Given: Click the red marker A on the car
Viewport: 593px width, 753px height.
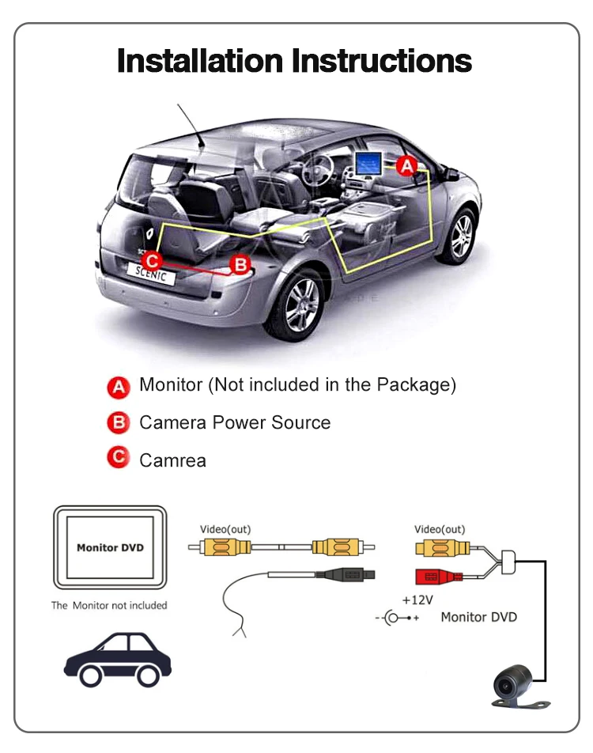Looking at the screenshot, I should click(x=406, y=165).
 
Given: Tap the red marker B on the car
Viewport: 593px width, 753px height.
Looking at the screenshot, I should click(x=240, y=264).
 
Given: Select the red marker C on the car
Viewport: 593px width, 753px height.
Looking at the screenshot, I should click(x=152, y=259).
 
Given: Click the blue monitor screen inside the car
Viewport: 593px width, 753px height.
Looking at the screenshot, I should click(x=366, y=164).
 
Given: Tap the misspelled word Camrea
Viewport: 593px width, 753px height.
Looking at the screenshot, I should click(x=172, y=460).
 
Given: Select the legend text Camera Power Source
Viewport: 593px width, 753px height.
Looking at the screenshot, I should click(x=235, y=422).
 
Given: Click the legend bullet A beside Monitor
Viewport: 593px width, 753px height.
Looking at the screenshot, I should click(x=118, y=386).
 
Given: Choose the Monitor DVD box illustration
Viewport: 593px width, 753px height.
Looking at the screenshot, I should click(x=110, y=548).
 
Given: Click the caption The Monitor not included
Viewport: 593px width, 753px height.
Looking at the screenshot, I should click(x=109, y=605).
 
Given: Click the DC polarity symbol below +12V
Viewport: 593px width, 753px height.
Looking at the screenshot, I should click(x=396, y=618).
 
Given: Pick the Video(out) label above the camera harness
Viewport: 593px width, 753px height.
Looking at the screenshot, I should click(x=440, y=529).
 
